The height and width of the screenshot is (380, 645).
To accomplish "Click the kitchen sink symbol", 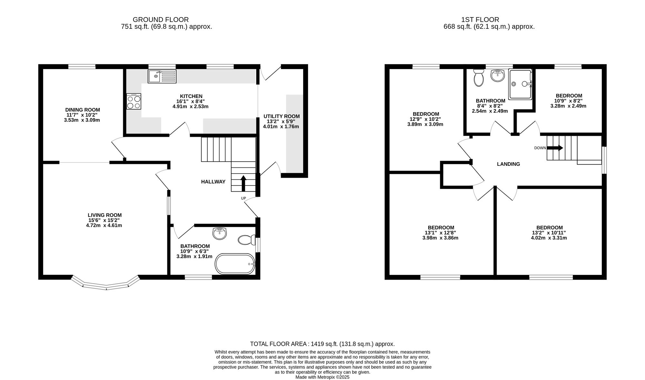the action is point(162,76).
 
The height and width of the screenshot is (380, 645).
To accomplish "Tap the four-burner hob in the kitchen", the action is point(134,101).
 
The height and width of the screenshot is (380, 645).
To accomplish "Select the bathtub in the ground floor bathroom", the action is point(235,264).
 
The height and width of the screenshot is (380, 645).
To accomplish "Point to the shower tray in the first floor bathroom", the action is point(520,85).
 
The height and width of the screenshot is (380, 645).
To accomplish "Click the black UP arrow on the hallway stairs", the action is point(243,183).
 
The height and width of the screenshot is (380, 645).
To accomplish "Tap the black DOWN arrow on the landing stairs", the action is point(555,148).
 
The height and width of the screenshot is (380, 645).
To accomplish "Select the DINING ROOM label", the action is point(83,110).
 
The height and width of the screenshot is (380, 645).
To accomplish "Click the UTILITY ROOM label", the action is point(282,116).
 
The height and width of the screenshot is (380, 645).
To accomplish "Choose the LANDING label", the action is point(509,164).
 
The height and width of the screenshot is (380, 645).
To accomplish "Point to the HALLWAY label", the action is point(213,182).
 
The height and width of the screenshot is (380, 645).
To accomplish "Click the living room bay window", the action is point(106,284).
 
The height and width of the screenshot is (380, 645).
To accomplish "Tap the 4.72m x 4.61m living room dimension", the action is point(104,225).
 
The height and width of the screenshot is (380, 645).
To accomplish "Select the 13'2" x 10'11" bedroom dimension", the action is point(549,233).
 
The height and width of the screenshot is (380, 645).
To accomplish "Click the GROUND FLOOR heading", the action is point(161,20).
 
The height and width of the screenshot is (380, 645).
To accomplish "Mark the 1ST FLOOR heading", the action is point(481,20).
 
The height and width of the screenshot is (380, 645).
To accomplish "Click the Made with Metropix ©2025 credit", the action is point(322,377).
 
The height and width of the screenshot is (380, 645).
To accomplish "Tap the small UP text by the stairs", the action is point(243,198).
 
